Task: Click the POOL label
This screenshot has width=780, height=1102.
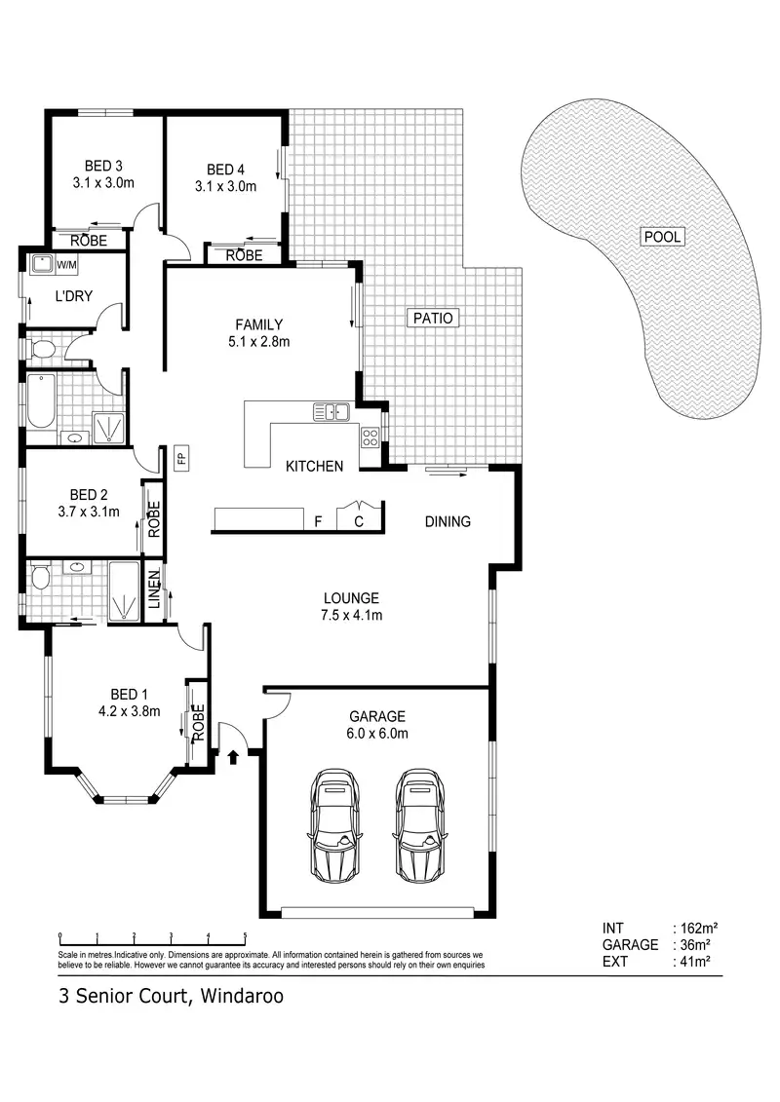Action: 662,237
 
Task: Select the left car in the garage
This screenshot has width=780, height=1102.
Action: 333,823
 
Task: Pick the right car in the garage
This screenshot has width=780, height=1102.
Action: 420,823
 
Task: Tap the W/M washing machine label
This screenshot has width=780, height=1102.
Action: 67,264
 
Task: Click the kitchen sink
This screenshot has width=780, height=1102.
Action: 331,412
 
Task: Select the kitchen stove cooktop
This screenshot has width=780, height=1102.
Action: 370,437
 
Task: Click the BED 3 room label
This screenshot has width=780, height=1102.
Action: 103,165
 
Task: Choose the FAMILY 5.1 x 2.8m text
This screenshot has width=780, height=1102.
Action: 258,332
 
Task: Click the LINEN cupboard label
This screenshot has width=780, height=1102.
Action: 154,589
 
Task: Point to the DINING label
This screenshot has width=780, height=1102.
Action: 448,521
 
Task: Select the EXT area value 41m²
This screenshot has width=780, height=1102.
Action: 695,962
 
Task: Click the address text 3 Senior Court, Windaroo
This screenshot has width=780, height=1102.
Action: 171,997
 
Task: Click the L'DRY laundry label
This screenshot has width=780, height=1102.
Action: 73,295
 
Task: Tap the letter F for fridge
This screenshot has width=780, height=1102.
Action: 318,521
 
